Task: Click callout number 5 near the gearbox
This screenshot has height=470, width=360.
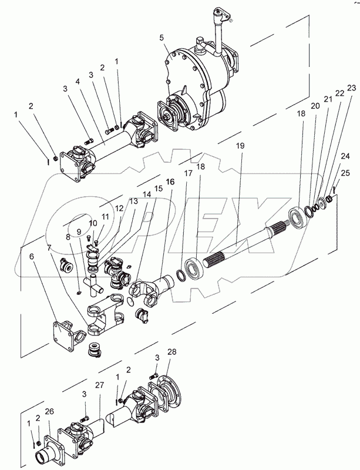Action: [162, 38]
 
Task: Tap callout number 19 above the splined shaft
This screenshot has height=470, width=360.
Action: [240, 146]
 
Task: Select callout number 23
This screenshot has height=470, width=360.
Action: [352, 88]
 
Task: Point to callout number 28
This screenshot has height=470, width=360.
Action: [172, 351]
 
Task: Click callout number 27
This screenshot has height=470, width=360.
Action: [100, 385]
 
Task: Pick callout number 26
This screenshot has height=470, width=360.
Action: [49, 412]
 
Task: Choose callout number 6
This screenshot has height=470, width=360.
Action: [32, 256]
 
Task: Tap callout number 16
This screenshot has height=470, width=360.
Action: [170, 182]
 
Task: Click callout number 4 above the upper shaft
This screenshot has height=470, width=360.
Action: [78, 82]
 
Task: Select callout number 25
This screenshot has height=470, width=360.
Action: [345, 173]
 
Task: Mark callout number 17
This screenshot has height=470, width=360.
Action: [188, 173]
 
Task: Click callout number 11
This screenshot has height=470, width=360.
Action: [105, 217]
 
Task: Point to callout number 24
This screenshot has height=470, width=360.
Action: [345, 156]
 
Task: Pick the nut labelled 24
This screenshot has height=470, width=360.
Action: [329, 199]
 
